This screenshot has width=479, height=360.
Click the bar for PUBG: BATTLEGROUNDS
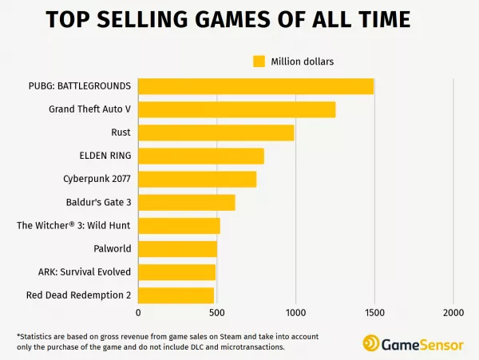[255, 86]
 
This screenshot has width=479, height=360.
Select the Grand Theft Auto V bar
[236, 109]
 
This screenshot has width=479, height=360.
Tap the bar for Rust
[216, 133]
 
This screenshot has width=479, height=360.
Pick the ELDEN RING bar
[200, 156]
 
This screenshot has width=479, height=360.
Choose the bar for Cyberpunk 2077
[197, 179]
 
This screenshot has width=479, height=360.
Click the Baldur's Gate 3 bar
[186, 203]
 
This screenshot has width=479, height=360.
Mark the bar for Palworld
[177, 249]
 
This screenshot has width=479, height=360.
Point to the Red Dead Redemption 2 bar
[176, 295]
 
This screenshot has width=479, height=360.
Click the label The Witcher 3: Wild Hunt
[73, 226]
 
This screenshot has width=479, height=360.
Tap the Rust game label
[121, 133]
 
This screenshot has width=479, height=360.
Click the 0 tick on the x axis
[138, 313]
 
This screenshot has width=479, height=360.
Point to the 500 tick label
[216, 313]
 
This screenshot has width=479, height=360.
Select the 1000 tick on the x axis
[295, 313]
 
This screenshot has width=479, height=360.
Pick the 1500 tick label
[374, 313]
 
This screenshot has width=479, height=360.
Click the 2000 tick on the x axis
[453, 313]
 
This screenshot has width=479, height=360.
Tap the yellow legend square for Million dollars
[259, 61]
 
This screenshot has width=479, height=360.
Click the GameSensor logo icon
[372, 342]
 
